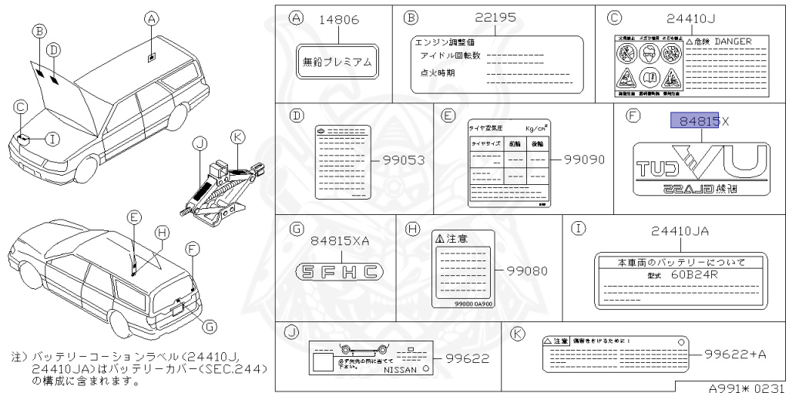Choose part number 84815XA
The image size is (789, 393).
(340, 240)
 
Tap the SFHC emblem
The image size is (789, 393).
(340, 271)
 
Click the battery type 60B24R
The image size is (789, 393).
(694, 274)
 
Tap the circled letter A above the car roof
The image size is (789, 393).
(152, 18)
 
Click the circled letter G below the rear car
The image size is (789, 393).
(209, 326)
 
